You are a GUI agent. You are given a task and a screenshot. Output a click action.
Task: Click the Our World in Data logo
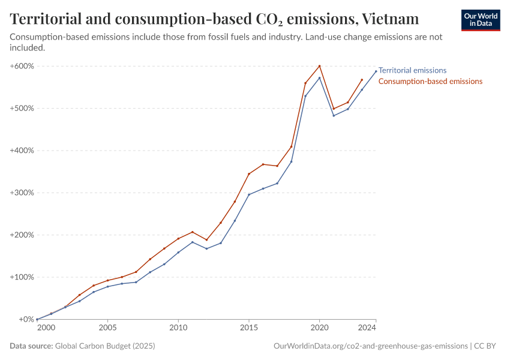(480, 20)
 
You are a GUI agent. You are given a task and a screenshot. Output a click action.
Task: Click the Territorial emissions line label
(412, 70)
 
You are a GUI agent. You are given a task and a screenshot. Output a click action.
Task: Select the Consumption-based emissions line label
(430, 81)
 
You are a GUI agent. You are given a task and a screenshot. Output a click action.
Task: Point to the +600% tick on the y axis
(22, 66)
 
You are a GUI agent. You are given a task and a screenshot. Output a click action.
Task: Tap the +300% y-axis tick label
(22, 193)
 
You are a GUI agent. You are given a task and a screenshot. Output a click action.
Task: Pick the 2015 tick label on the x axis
(249, 328)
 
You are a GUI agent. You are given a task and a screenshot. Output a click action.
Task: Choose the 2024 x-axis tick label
(367, 328)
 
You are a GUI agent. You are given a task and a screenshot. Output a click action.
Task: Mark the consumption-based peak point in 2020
(319, 66)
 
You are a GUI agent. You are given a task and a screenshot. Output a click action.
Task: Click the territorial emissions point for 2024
(376, 71)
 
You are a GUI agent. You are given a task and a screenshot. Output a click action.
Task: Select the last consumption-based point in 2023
(362, 80)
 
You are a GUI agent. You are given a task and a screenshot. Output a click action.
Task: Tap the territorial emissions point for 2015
(249, 194)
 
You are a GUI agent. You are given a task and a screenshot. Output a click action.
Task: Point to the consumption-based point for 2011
(193, 232)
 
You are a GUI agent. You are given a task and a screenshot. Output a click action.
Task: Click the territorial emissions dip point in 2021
(334, 115)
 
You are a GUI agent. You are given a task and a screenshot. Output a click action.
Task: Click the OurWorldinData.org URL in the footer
(370, 346)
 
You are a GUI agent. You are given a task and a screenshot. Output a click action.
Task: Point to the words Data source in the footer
(31, 346)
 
